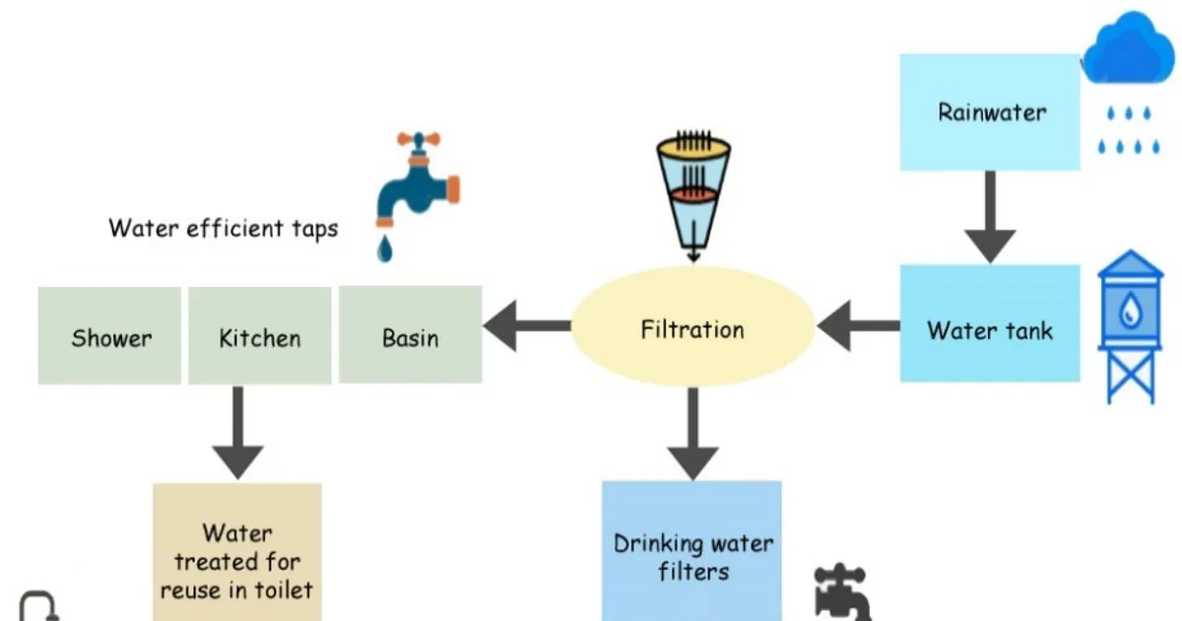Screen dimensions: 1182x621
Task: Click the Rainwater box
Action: (990, 112)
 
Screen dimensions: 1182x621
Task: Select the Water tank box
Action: (990, 323)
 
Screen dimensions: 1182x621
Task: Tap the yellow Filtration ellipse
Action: (692, 326)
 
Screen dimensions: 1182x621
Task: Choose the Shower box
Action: (109, 335)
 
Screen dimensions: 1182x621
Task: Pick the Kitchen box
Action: (260, 335)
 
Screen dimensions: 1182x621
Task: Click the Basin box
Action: (410, 334)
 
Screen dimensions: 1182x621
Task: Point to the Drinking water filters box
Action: (691, 551)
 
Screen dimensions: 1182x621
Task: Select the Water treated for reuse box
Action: (237, 552)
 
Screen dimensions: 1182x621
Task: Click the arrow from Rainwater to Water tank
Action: (991, 217)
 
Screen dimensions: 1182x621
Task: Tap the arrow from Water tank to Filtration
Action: (858, 326)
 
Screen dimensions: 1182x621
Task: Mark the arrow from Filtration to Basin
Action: (527, 326)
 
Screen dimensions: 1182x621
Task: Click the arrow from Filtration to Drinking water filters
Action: (692, 434)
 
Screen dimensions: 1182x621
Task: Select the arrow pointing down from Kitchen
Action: (238, 433)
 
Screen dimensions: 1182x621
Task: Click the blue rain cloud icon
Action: (1128, 48)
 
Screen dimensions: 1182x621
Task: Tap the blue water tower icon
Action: (1130, 326)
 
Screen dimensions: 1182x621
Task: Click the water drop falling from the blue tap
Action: (385, 248)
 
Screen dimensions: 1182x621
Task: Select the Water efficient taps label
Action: (224, 229)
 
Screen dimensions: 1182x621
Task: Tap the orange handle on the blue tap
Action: (419, 139)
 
